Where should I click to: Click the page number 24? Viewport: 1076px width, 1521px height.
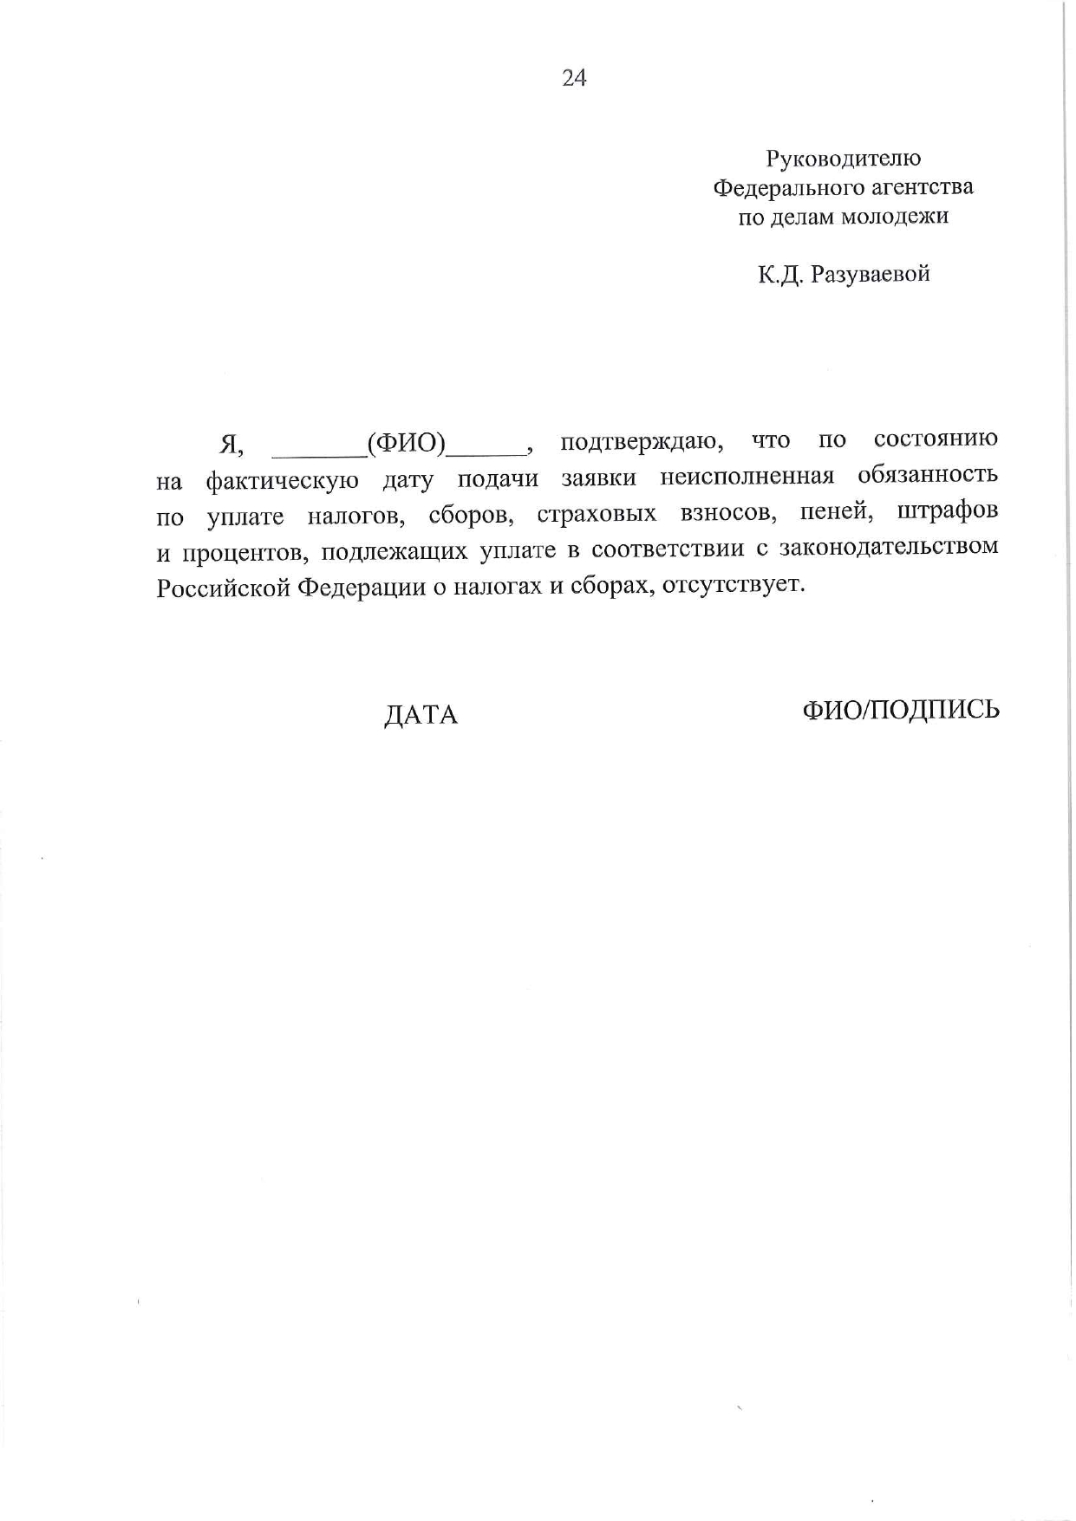pyautogui.click(x=574, y=79)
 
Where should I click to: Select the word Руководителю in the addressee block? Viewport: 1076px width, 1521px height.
pyautogui.click(x=843, y=159)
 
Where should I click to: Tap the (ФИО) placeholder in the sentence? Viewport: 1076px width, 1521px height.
pyautogui.click(x=406, y=444)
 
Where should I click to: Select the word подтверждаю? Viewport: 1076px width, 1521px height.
pyautogui.click(x=642, y=442)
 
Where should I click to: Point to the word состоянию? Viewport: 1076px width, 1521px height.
pyautogui.click(x=936, y=439)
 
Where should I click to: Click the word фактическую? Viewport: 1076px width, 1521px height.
pyautogui.click(x=283, y=480)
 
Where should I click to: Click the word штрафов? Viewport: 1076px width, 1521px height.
pyautogui.click(x=948, y=511)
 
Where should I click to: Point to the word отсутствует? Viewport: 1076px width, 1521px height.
pyautogui.click(x=733, y=585)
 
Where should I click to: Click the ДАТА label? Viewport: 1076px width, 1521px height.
pyautogui.click(x=421, y=715)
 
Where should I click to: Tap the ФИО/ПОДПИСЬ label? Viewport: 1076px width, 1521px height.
pyautogui.click(x=901, y=710)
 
